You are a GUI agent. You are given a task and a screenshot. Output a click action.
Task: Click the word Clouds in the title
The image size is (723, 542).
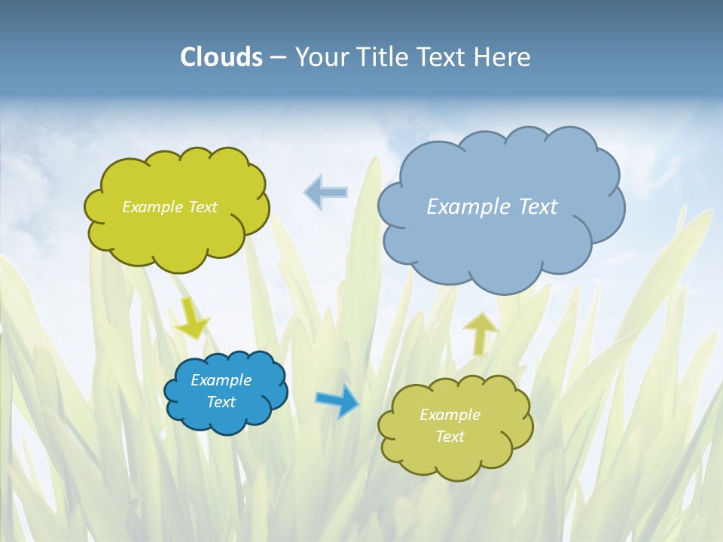[221, 57]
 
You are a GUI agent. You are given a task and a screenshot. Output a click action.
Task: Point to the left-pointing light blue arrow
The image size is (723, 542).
[326, 193]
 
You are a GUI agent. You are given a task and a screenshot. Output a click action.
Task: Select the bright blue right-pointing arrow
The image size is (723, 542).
[337, 401]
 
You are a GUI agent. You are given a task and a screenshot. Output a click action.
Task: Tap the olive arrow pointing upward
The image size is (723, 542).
[480, 333]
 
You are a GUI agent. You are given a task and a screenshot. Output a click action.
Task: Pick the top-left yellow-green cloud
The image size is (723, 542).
[177, 233]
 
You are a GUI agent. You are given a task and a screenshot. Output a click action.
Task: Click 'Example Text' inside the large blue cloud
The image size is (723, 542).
[492, 206]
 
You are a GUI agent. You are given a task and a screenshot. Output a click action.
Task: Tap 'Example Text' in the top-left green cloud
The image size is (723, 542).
[169, 206]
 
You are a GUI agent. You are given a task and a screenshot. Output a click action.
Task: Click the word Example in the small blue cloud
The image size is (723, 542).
[221, 380]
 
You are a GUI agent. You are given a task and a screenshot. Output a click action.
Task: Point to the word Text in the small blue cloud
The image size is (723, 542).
[221, 402]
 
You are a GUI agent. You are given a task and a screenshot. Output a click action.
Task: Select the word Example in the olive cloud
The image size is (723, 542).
[450, 415]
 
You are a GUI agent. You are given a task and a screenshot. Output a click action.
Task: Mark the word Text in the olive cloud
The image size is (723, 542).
[450, 437]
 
